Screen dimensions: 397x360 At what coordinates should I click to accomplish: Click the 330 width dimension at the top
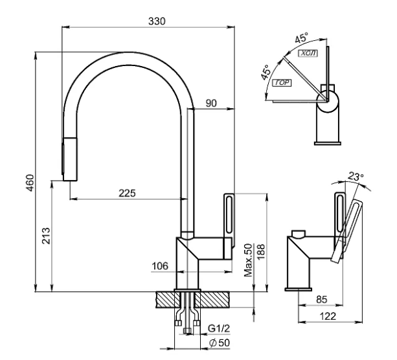coord(157,21)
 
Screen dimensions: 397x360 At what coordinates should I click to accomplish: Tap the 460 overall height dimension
coord(30,183)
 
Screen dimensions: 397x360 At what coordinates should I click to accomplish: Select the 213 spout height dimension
coord(47,236)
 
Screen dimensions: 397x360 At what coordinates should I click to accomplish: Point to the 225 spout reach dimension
coord(127,193)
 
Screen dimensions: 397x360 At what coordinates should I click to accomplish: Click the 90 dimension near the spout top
coord(211,103)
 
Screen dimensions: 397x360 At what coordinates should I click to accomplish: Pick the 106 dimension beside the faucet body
coord(160,266)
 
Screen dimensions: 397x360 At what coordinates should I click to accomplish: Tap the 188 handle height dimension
coord(260,252)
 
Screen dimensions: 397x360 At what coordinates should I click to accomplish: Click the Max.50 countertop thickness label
coord(249,260)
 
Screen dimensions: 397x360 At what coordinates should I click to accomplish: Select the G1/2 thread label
coord(219,328)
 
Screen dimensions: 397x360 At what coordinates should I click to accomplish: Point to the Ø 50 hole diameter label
coord(220,343)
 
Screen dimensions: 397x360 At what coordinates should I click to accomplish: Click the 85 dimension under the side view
coord(322,300)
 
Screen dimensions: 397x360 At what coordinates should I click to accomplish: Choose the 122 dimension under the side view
coord(328,316)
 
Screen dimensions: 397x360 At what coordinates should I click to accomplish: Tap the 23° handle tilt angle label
coord(356,176)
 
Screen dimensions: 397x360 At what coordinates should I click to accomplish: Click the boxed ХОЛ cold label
coord(308,53)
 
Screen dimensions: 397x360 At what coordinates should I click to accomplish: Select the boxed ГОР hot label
coord(282,82)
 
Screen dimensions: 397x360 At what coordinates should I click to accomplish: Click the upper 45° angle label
coord(302,38)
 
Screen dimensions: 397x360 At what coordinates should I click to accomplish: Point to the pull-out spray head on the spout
coord(70,159)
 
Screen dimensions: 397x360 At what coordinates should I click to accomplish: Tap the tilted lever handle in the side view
coord(346,231)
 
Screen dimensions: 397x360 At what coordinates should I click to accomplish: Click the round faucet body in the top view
coord(328,102)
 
